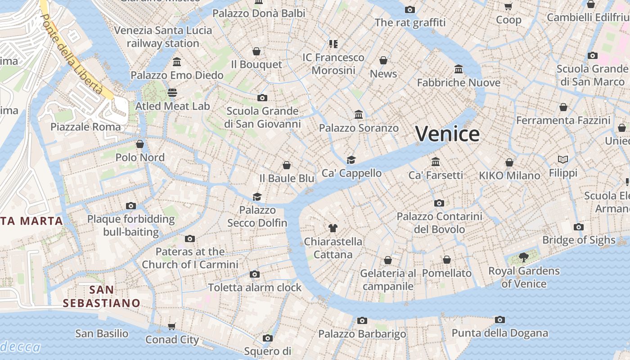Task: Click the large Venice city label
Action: pos(447,134)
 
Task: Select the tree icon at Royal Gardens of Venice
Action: pos(523,257)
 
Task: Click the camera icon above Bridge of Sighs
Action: pos(579,227)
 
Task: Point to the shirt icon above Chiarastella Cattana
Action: pos(333,228)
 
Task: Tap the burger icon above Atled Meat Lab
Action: pos(172,93)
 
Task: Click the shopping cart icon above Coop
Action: pos(508,6)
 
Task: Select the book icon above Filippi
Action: pos(563,159)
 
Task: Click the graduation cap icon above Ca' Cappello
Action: pos(351,160)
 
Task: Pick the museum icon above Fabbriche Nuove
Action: pos(459,69)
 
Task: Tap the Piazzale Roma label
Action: pos(85,127)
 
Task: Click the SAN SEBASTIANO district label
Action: pos(101,296)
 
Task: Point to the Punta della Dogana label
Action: pos(499,333)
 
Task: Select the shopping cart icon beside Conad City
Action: pos(171,326)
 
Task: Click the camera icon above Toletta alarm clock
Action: pos(255,274)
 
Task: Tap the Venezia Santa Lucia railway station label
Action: pos(163,37)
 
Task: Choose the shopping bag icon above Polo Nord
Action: pos(140,144)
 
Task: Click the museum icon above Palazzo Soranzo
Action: pos(359,114)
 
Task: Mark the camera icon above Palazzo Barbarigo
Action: pos(362,320)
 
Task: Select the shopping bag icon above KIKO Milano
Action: pos(509,162)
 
